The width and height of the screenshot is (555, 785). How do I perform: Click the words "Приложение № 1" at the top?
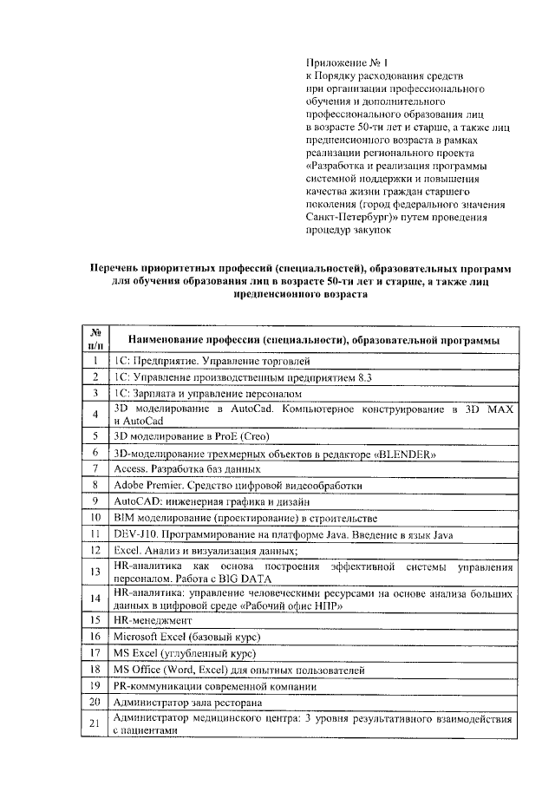345,62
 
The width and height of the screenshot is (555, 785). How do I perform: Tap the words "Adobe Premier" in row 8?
147,485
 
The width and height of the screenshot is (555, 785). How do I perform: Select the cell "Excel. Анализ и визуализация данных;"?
206,551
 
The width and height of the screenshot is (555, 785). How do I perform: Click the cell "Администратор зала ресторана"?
188,702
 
